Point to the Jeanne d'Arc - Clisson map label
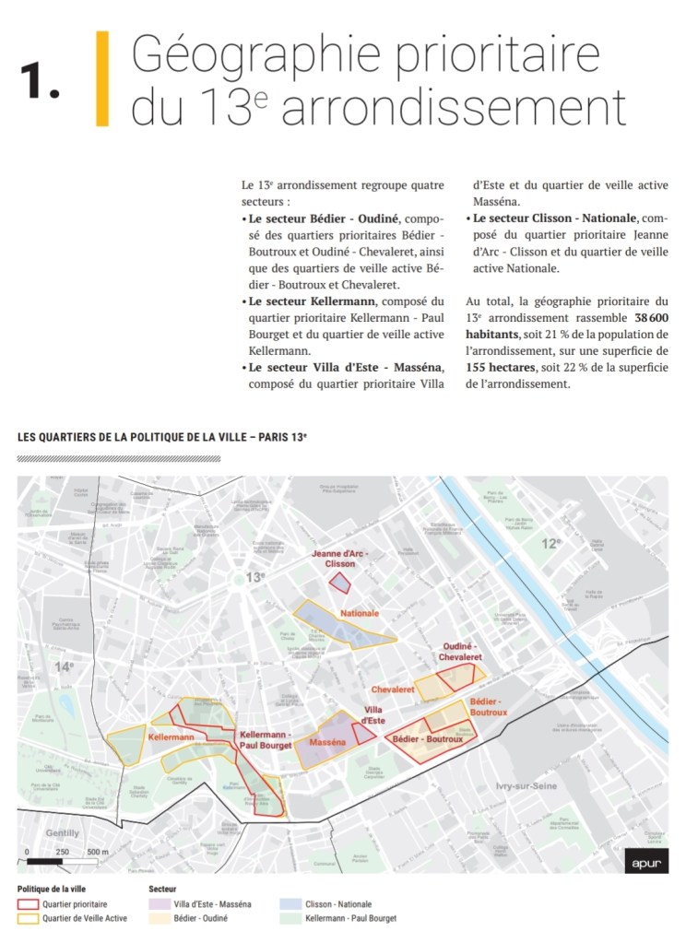(x=338, y=558)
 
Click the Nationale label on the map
(x=360, y=614)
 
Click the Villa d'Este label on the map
(x=373, y=715)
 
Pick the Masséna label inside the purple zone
(x=327, y=742)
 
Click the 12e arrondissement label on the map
(x=550, y=544)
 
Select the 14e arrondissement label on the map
(x=64, y=666)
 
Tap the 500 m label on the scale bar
(x=97, y=852)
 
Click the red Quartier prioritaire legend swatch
(x=27, y=904)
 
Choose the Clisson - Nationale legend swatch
(x=289, y=904)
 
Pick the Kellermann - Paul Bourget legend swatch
(x=289, y=918)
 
